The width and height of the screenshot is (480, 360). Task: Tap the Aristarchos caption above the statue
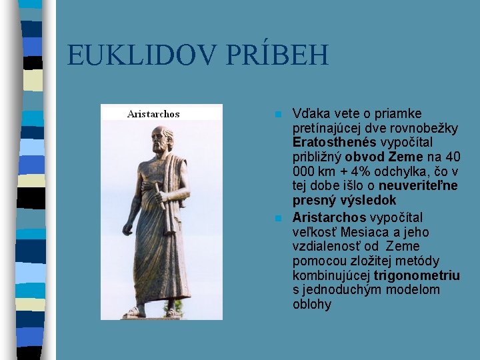[153, 114]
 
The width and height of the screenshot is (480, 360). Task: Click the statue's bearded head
[161, 139]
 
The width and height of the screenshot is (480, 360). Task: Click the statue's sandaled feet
[153, 311]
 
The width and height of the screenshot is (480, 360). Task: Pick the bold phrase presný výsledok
[344, 200]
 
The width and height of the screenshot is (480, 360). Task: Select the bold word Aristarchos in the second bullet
[329, 218]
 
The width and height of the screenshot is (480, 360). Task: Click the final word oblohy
[311, 305]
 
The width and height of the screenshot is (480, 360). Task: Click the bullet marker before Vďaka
[279, 114]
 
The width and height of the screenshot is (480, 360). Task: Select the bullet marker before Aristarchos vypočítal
[279, 218]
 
